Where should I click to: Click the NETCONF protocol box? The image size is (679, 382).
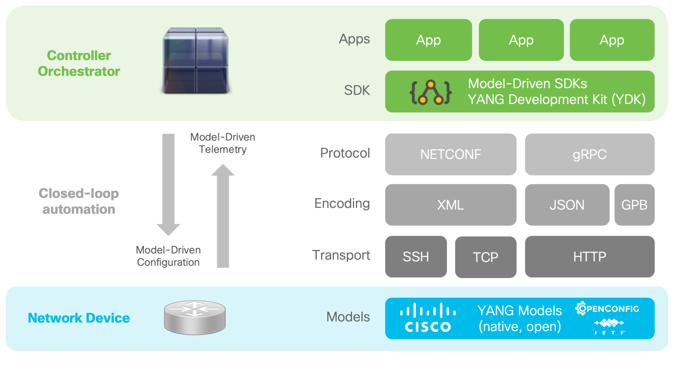click(451, 154)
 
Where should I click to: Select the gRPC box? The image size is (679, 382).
click(589, 154)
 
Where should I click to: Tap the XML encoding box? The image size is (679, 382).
click(451, 205)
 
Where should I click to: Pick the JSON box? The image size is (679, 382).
click(567, 205)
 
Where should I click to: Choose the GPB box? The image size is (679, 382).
click(634, 205)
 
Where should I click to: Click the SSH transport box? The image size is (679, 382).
click(416, 257)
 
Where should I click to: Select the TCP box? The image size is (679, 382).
click(485, 257)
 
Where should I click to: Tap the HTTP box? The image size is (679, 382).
click(589, 257)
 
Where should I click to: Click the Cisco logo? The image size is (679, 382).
click(428, 318)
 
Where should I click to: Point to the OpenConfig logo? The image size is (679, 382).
click(607, 308)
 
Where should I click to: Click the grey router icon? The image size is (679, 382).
click(195, 318)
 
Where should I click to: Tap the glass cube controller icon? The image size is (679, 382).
click(196, 61)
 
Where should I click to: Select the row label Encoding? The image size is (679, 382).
click(342, 203)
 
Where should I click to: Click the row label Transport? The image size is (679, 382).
click(341, 255)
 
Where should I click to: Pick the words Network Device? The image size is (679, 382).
click(79, 318)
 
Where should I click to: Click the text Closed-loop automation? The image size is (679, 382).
click(79, 201)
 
